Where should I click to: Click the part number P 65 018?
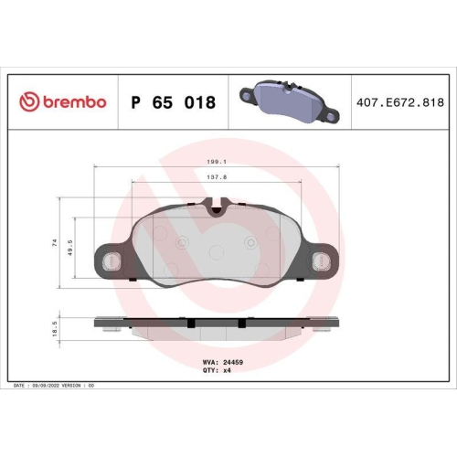(174, 102)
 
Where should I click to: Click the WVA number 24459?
(235, 362)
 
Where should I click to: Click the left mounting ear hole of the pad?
(112, 261)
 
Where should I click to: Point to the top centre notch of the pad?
(216, 211)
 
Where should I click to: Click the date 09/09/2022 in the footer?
(48, 388)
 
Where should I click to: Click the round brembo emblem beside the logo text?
(27, 102)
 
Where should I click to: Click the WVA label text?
(208, 362)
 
